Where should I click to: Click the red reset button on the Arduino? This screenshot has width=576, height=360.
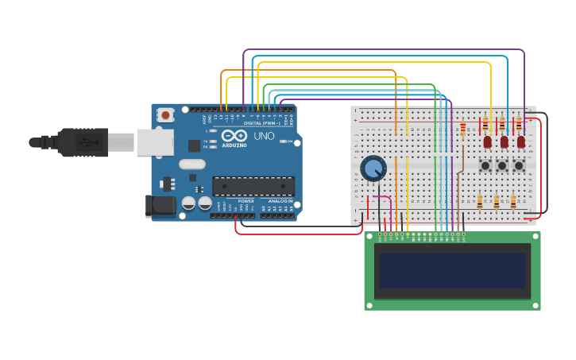pyautogui.click(x=165, y=115)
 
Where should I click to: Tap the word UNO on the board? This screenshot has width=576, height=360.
pyautogui.click(x=263, y=136)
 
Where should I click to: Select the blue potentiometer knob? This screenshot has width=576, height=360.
pyautogui.click(x=373, y=168)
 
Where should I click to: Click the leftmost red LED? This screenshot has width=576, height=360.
pyautogui.click(x=487, y=142)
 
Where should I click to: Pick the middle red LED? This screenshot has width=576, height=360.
pyautogui.click(x=504, y=142)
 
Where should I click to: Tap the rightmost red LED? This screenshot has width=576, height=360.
pyautogui.click(x=521, y=142)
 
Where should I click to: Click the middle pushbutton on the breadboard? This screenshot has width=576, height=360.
pyautogui.click(x=502, y=165)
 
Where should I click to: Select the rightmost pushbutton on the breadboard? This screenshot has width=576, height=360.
pyautogui.click(x=519, y=165)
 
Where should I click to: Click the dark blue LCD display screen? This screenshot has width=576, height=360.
pyautogui.click(x=452, y=271)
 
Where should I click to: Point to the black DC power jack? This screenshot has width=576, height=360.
pyautogui.click(x=160, y=206)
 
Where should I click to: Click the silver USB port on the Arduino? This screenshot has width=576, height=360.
pyautogui.click(x=154, y=142)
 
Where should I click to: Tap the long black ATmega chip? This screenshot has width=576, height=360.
pyautogui.click(x=253, y=186)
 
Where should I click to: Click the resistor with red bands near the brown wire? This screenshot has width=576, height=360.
pyautogui.click(x=463, y=129)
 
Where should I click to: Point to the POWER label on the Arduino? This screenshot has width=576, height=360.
pyautogui.click(x=245, y=201)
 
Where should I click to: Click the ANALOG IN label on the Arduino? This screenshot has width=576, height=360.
pyautogui.click(x=279, y=201)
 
